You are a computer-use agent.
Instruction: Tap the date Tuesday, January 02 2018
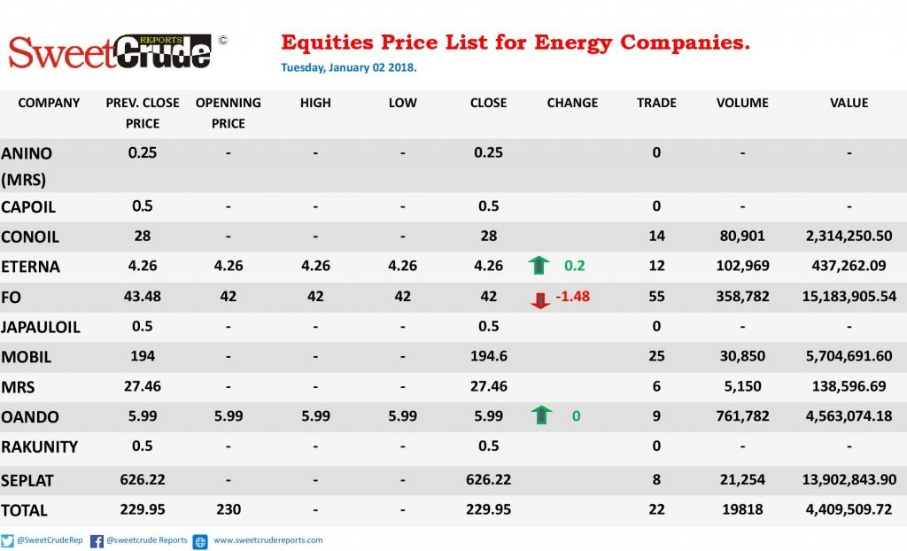pos(349,67)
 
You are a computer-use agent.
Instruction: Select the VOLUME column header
pos(742,103)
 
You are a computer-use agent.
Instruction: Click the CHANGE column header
pos(572,103)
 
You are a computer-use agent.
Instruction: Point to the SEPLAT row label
pos(27,481)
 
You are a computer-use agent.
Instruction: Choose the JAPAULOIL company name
pos(41,328)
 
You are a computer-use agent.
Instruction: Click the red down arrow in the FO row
pos(539,299)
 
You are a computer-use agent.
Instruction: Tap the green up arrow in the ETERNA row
pos(539,265)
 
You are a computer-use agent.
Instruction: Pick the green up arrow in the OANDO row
pos(541,415)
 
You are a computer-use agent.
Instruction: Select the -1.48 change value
pos(573,297)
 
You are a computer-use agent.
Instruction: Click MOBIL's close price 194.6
pos(488,356)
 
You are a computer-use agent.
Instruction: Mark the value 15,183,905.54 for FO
pos(849,297)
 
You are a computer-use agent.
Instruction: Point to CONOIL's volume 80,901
pos(742,237)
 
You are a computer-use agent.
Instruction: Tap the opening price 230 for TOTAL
pos(229,509)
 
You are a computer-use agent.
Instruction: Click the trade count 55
pos(656,297)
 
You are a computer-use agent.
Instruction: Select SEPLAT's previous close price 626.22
pos(143,480)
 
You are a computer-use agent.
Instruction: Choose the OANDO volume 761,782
pos(742,416)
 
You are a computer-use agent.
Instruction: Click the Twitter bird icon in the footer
pos(7,540)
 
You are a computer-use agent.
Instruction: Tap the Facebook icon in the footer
pos(97,541)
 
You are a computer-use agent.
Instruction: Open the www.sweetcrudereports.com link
pos(267,540)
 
